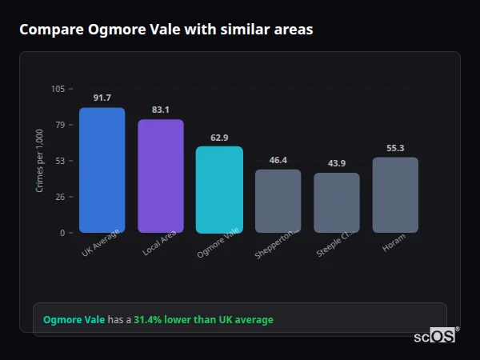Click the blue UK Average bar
tap(102, 170)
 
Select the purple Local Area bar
tap(161, 176)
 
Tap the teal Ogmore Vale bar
tap(219, 189)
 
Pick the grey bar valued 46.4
tap(278, 201)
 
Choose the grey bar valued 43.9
tap(337, 202)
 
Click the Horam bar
tap(395, 194)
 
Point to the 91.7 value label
tap(102, 98)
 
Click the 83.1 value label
tap(161, 110)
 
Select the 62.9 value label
tap(219, 138)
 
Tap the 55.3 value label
tap(395, 148)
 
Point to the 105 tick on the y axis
tap(58, 89)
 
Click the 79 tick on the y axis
tap(60, 125)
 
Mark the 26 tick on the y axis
tap(60, 197)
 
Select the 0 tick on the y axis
tap(62, 233)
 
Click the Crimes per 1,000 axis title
tap(40, 161)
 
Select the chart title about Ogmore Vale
tap(166, 30)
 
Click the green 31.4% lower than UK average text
tap(203, 320)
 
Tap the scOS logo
tap(435, 336)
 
